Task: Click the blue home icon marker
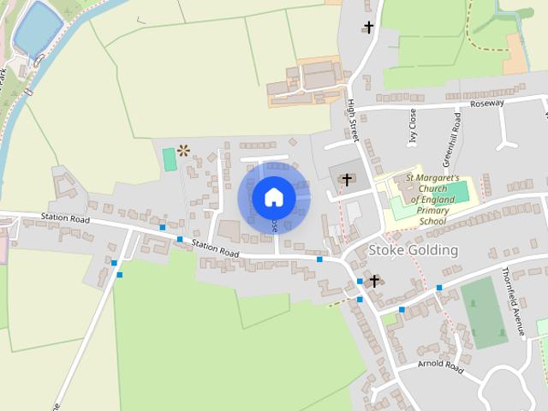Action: pyautogui.click(x=273, y=198)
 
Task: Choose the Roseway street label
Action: pyautogui.click(x=487, y=103)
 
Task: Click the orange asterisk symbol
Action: pyautogui.click(x=182, y=151)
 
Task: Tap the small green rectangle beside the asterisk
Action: pyautogui.click(x=169, y=158)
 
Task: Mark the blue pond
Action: pyautogui.click(x=38, y=29)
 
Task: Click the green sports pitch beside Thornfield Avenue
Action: pyautogui.click(x=485, y=312)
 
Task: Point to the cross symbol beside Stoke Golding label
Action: pyautogui.click(x=373, y=280)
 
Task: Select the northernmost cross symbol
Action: pyautogui.click(x=368, y=27)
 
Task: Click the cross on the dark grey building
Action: pyautogui.click(x=347, y=179)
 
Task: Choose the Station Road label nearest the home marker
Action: pyautogui.click(x=216, y=248)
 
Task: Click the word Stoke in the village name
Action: pyautogui.click(x=384, y=250)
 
